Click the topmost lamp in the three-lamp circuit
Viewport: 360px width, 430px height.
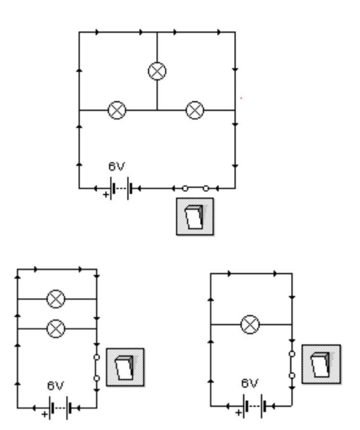coord(157,72)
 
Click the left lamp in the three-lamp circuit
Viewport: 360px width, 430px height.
coord(117,110)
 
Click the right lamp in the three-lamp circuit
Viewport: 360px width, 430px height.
coord(195,110)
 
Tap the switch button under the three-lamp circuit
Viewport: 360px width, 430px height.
coord(195,217)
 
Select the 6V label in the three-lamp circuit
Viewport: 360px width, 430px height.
coord(116,167)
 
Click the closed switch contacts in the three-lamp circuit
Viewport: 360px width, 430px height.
coord(195,188)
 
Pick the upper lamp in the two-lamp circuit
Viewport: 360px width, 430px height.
coord(56,299)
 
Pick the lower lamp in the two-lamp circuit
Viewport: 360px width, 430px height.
coord(56,329)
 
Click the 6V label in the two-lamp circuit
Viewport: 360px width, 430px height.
coord(55,386)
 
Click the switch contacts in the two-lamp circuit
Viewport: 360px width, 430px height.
coord(96,368)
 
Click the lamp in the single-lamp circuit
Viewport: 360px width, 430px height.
coord(250,324)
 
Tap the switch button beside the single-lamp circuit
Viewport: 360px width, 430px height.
coord(321,364)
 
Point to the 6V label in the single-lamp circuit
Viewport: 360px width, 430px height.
coord(250,383)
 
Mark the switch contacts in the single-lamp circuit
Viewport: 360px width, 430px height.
coord(292,365)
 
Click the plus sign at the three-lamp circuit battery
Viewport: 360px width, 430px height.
coord(106,195)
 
